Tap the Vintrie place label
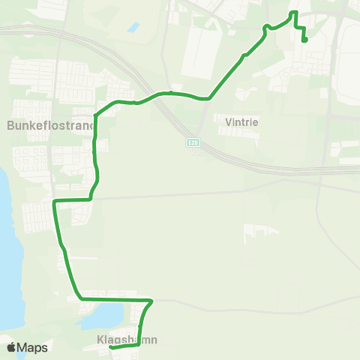(x=236, y=118)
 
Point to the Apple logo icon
(x=12, y=347)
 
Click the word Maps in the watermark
(x=34, y=347)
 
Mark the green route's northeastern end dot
(x=305, y=40)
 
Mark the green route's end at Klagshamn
(x=110, y=347)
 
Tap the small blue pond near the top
(x=133, y=27)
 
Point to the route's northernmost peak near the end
(x=294, y=13)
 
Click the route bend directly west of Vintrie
(x=208, y=98)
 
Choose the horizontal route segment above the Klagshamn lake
(x=112, y=299)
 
